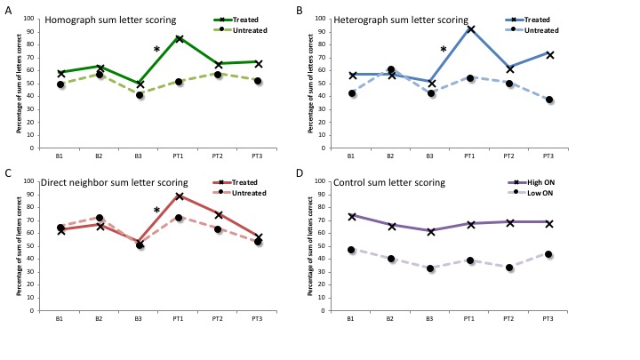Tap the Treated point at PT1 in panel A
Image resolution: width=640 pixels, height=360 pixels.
click(180, 38)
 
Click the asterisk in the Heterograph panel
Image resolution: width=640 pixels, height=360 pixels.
click(443, 50)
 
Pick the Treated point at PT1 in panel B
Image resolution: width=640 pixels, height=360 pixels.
click(470, 29)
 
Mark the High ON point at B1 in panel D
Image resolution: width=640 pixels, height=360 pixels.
click(351, 216)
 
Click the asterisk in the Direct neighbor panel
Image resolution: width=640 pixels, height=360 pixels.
click(156, 211)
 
